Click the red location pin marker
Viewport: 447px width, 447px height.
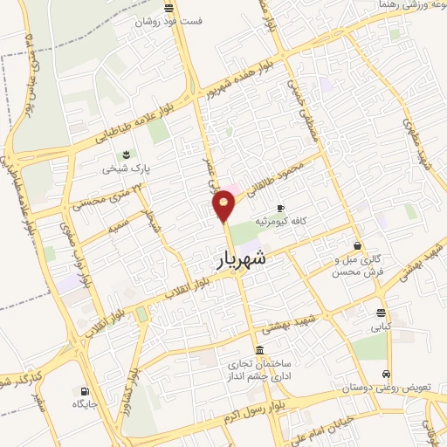tap(224, 205)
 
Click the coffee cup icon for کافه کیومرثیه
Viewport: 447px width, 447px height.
tap(280, 208)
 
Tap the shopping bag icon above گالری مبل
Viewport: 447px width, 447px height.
tap(356, 245)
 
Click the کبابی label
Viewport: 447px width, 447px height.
tap(381, 327)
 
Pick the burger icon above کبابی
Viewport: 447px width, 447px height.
tap(381, 313)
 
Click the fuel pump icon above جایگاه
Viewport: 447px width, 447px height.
tap(85, 390)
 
